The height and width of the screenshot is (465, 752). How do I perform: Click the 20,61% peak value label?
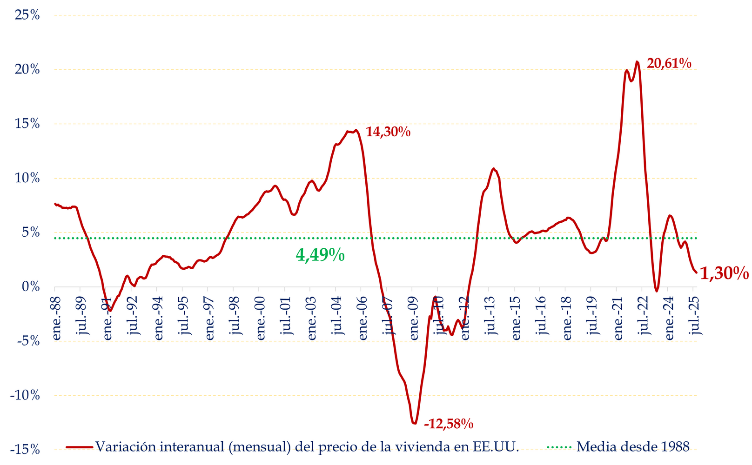[x=669, y=63]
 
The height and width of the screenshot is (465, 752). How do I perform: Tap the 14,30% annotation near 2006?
[x=388, y=132]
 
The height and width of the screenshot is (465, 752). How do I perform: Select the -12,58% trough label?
[x=449, y=424]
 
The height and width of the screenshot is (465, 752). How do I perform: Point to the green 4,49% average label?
[x=320, y=255]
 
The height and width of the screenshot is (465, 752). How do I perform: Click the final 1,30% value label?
[x=724, y=273]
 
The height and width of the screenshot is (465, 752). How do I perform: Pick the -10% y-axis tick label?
[x=25, y=396]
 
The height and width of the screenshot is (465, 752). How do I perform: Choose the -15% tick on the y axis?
[x=25, y=450]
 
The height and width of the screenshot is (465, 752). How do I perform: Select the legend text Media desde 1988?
[x=632, y=447]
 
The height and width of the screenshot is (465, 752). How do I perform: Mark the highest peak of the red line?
[x=637, y=62]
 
